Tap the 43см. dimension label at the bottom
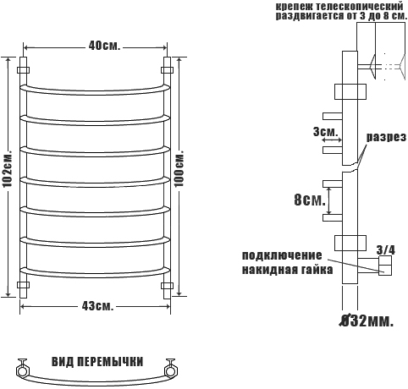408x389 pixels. tap(97, 306)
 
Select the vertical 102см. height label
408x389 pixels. tap(8, 170)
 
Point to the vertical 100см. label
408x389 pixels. tap(179, 168)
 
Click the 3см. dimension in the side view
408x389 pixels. tap(325, 131)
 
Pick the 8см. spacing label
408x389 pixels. tap(310, 200)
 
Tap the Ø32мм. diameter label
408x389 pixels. tap(366, 321)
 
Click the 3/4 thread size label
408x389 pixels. tap(386, 250)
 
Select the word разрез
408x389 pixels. tap(386, 137)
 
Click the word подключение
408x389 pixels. tap(282, 255)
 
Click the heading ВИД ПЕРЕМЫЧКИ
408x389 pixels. tap(97, 362)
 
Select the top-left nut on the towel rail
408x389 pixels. tap(24, 69)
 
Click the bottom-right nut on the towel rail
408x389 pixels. tap(167, 285)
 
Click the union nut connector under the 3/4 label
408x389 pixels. tap(385, 266)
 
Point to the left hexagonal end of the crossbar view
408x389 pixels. tap(22, 370)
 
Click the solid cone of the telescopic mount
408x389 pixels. tap(372, 67)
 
